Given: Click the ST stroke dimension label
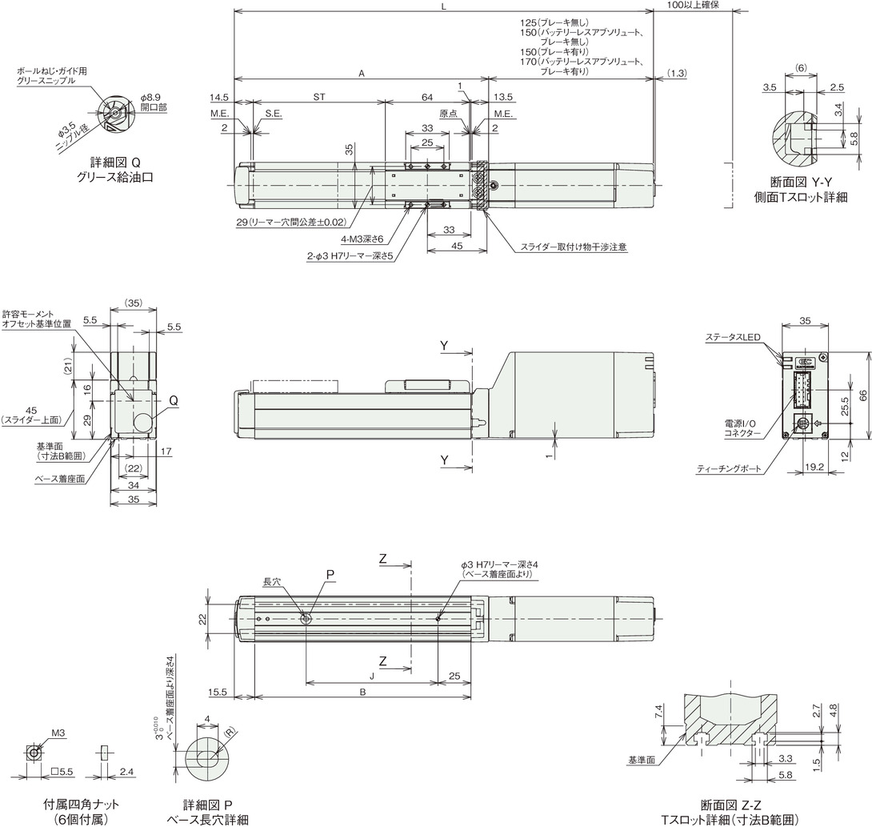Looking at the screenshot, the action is coord(318,97).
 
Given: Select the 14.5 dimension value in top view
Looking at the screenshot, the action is coord(219,97).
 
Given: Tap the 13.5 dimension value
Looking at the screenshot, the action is coord(502,97).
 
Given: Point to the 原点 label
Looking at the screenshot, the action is coord(448,114).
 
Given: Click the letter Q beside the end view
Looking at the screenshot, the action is coord(174,401).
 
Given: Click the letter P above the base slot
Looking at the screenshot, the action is coord(330,575).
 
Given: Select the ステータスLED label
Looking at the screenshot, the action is coord(733,337).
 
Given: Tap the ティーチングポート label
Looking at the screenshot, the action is coord(729,469).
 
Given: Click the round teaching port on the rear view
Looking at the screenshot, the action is coord(802,424).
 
